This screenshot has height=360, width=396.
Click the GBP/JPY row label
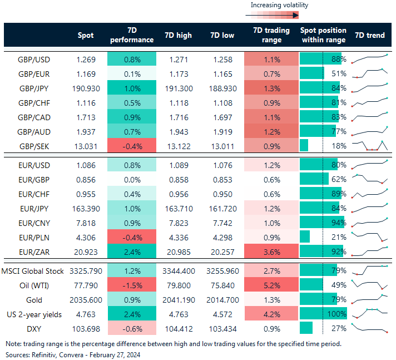pyautogui.click(x=47, y=88)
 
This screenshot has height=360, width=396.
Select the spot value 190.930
pyautogui.click(x=85, y=88)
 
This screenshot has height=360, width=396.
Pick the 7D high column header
pyautogui.click(x=178, y=36)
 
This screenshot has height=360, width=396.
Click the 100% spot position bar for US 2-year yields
pyautogui.click(x=323, y=314)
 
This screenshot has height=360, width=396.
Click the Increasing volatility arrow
pyautogui.click(x=279, y=16)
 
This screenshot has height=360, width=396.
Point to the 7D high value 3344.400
pyautogui.click(x=178, y=271)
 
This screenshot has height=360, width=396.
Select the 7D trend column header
pyautogui.click(x=369, y=36)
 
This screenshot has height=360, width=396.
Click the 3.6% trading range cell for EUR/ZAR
pyautogui.click(x=271, y=251)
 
